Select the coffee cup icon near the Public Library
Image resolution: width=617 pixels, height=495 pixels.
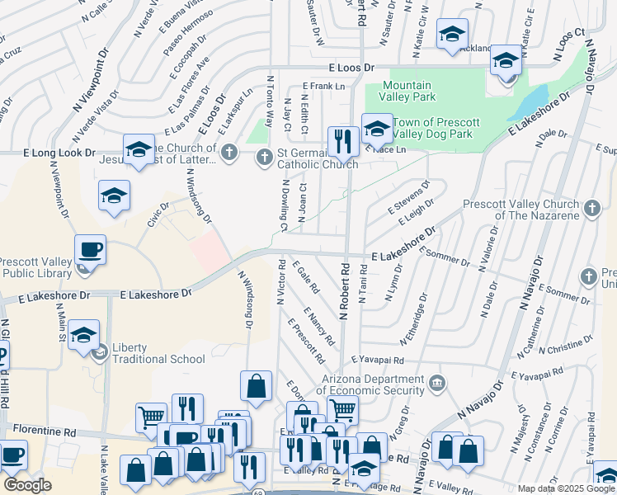90,250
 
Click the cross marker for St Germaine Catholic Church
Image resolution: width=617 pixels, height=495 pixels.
265,155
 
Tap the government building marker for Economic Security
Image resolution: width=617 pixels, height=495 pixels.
438,382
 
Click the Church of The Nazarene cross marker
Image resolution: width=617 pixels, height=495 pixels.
591,210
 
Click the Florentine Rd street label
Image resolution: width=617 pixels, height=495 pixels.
45,431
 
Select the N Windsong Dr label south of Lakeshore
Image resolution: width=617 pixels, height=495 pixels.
245,299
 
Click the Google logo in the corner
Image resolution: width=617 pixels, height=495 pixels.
26,486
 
